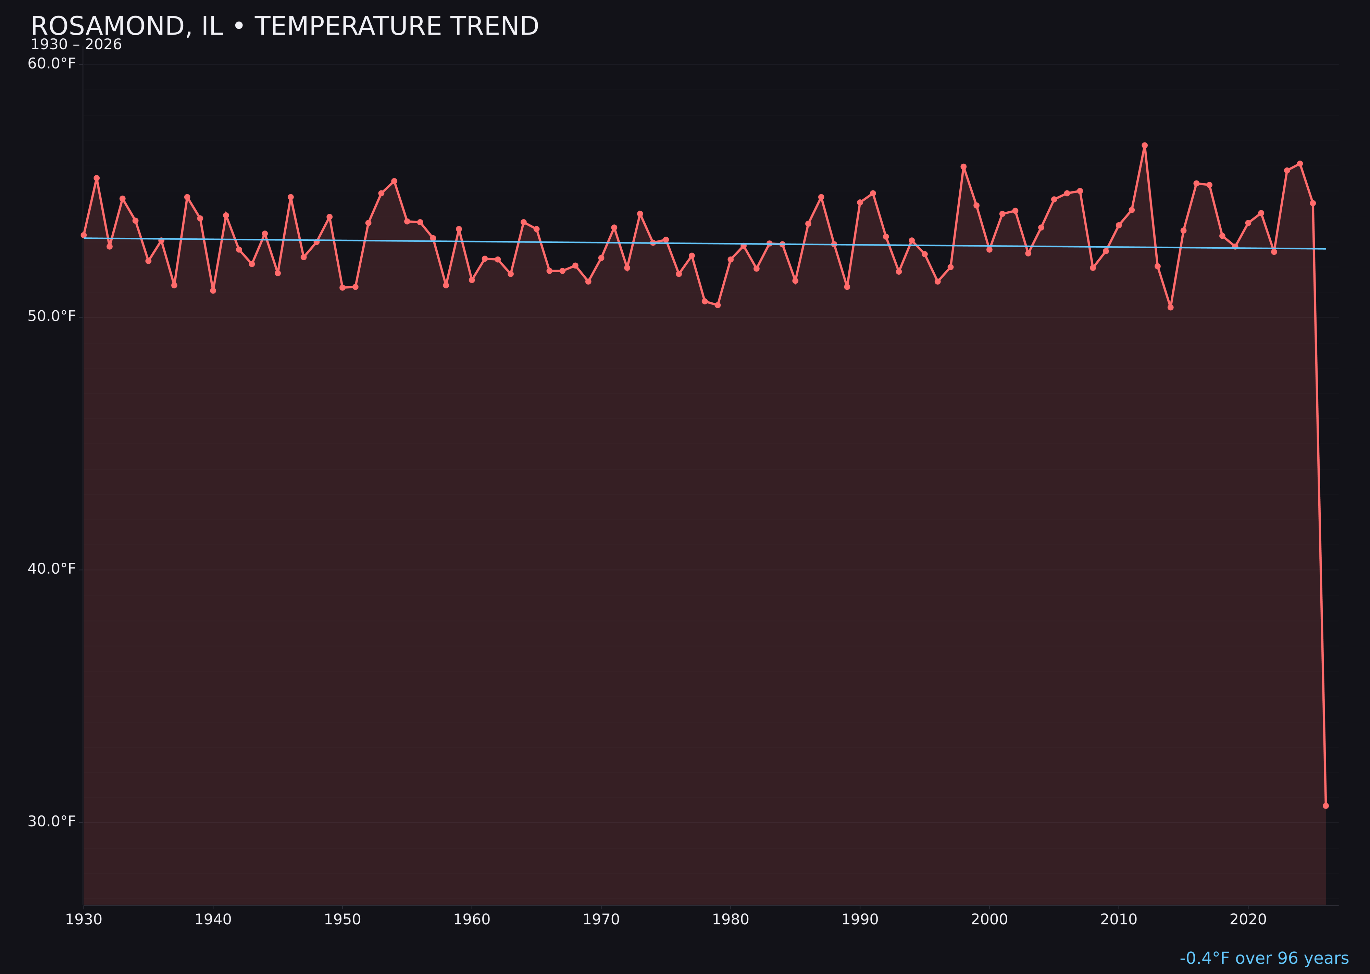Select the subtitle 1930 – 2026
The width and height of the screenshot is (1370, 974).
pyautogui.click(x=76, y=45)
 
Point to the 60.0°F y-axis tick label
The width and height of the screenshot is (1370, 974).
pyautogui.click(x=52, y=64)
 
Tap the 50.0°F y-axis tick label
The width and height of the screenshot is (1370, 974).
pyautogui.click(x=52, y=316)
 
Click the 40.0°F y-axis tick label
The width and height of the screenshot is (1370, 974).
pyautogui.click(x=52, y=569)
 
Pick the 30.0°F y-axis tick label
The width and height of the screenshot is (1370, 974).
pyautogui.click(x=52, y=821)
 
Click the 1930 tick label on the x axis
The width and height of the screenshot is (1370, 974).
pyautogui.click(x=83, y=920)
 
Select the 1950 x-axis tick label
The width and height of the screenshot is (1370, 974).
pyautogui.click(x=342, y=920)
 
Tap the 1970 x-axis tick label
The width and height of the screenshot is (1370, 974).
pyautogui.click(x=601, y=920)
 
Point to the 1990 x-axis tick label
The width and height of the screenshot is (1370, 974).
pyautogui.click(x=860, y=920)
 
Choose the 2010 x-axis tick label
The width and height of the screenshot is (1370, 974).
pyautogui.click(x=1119, y=920)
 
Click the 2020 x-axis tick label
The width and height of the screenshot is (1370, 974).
pyautogui.click(x=1248, y=920)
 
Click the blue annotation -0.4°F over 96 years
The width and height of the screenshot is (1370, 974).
pyautogui.click(x=1264, y=958)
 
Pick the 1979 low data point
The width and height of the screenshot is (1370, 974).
pyautogui.click(x=718, y=305)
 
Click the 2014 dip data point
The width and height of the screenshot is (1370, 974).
pyautogui.click(x=1170, y=308)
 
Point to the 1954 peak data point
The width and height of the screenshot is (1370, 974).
pyautogui.click(x=394, y=181)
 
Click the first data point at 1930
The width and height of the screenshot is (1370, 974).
pyautogui.click(x=84, y=235)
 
